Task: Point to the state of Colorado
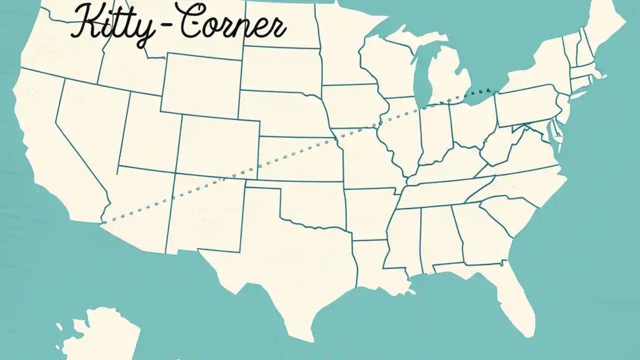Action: (217, 145)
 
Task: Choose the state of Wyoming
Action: (200, 85)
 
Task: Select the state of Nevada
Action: (90, 130)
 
